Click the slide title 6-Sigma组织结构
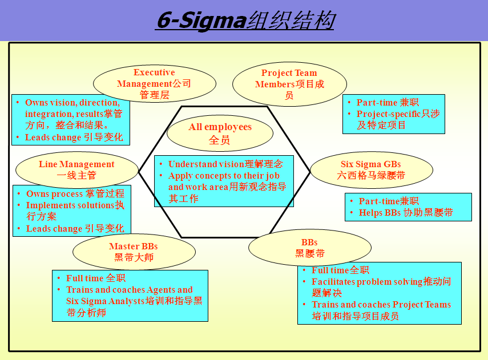(245, 20)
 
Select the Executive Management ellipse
(154, 84)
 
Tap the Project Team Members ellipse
(289, 84)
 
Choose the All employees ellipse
(220, 133)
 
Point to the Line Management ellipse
(77, 170)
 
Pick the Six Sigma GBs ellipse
(372, 170)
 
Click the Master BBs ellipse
(134, 252)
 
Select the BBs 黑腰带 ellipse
(310, 248)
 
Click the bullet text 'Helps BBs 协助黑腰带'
(406, 212)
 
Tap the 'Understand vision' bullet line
(225, 164)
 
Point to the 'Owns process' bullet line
(75, 193)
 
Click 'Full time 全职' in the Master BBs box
(96, 278)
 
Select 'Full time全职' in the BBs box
(341, 270)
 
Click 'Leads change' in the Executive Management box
(74, 137)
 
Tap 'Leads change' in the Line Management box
(75, 228)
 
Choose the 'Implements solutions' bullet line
(75, 211)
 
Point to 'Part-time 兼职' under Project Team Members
(388, 102)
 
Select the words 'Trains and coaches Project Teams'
(381, 304)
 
